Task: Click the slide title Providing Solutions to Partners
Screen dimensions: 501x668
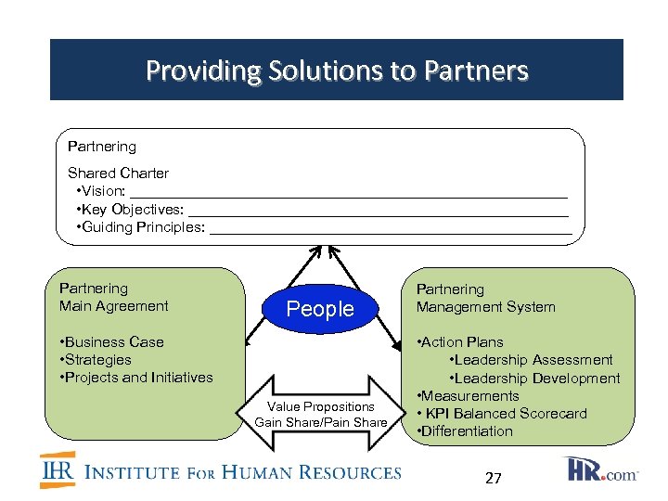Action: coord(337,71)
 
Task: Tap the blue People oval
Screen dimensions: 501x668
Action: coord(320,309)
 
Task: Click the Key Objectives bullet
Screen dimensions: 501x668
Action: coord(133,210)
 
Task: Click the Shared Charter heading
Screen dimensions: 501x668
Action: coord(118,173)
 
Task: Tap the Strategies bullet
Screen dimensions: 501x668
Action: coord(96,360)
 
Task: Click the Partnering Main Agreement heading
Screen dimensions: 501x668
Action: coord(113,297)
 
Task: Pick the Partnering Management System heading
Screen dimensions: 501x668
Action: coord(485,298)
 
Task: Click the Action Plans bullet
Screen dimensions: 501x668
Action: coord(463,342)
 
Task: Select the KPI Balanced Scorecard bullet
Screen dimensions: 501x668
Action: coord(504,414)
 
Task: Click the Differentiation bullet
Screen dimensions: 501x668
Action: coord(467,431)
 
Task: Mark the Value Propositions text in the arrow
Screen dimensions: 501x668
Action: coord(321,406)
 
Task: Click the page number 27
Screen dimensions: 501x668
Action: coord(494,479)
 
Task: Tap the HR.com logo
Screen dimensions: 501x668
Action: coord(602,469)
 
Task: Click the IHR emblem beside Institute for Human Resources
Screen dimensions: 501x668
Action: coord(57,471)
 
